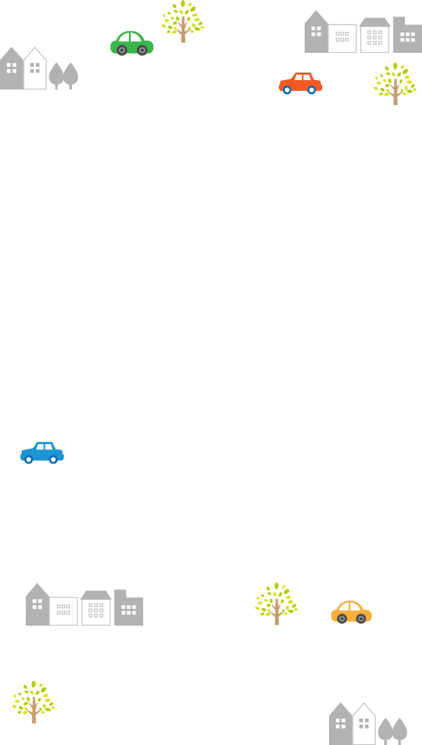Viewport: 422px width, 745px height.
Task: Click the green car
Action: [x=132, y=43]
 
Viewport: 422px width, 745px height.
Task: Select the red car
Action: [x=300, y=83]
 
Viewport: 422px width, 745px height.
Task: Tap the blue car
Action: [x=42, y=453]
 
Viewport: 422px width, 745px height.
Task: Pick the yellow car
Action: [x=351, y=612]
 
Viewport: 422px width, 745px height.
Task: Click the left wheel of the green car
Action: [x=121, y=50]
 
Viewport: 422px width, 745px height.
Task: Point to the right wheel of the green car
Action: [x=142, y=50]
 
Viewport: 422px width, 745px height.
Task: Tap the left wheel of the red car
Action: [x=287, y=89]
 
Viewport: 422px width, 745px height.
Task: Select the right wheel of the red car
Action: [x=311, y=89]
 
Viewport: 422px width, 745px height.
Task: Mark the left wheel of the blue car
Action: [x=28, y=460]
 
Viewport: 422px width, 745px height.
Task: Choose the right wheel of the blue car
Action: [x=53, y=460]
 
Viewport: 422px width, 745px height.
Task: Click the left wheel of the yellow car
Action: [x=342, y=618]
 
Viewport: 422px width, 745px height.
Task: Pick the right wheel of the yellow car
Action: [x=362, y=618]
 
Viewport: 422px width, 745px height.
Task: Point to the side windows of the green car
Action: [x=131, y=37]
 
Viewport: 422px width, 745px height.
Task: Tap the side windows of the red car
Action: [x=302, y=77]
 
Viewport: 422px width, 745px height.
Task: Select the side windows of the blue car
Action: [x=44, y=447]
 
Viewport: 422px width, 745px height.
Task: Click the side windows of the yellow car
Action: [x=350, y=606]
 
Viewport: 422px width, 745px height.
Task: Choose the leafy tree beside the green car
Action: [x=183, y=20]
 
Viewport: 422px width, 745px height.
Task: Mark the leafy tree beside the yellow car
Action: [x=276, y=603]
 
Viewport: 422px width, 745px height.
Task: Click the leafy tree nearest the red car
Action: [x=395, y=83]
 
